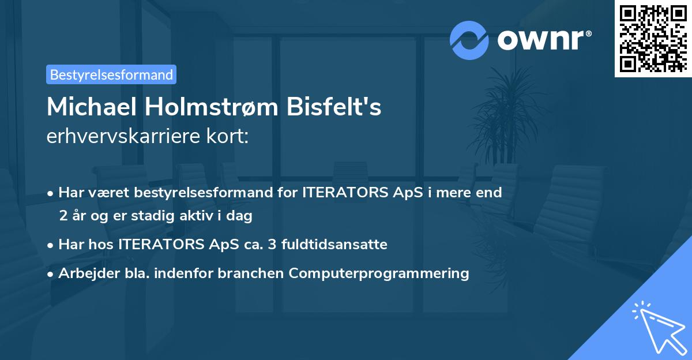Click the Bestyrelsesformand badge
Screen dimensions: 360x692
pyautogui.click(x=111, y=74)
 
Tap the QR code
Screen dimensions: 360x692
pyautogui.click(x=653, y=39)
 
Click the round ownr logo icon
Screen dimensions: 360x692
pyautogui.click(x=469, y=40)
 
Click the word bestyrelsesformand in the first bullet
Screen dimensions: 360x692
pyautogui.click(x=207, y=192)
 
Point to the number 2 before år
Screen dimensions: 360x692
pyautogui.click(x=62, y=216)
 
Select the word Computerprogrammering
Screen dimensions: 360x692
pyautogui.click(x=379, y=273)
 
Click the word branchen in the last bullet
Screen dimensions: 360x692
pyautogui.click(x=251, y=273)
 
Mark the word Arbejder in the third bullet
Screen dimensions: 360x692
pyautogui.click(x=84, y=273)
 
